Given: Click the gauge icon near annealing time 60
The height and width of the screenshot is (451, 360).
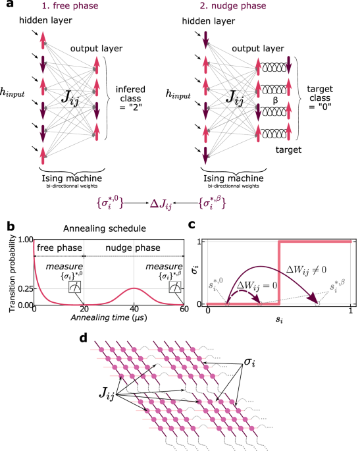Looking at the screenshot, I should (x=175, y=288).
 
